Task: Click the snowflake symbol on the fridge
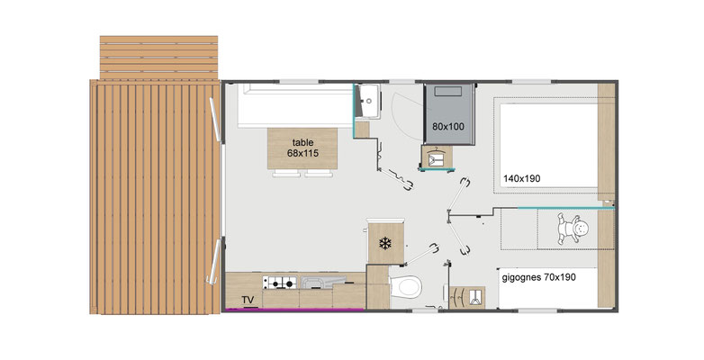(x=385, y=244)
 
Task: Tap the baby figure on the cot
(x=573, y=229)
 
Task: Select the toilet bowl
(x=405, y=286)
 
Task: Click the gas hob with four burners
(x=280, y=283)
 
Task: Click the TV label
(x=248, y=300)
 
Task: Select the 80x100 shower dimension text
(x=448, y=127)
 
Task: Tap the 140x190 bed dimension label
(x=522, y=179)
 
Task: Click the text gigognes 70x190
(x=538, y=277)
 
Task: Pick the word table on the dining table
(x=303, y=143)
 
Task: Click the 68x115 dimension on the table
(x=303, y=154)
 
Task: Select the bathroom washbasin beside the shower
(x=368, y=101)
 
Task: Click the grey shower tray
(x=449, y=113)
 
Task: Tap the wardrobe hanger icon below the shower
(x=437, y=157)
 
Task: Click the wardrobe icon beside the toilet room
(x=467, y=297)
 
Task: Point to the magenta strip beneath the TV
(x=295, y=310)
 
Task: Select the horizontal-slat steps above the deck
(x=158, y=58)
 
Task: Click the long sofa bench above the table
(x=295, y=105)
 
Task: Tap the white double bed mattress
(x=548, y=146)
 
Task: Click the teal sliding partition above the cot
(x=566, y=208)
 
